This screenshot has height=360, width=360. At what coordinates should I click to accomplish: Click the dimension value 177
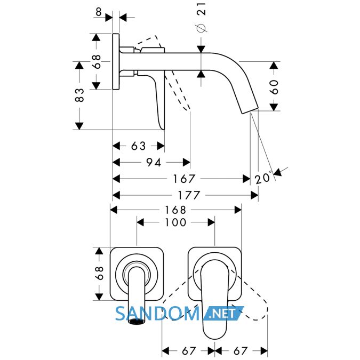tap(189, 195)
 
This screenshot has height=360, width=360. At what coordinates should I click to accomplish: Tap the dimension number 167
tap(184, 179)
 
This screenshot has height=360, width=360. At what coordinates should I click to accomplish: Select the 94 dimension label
tap(154, 163)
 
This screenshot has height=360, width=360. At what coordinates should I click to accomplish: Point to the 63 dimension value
tap(138, 146)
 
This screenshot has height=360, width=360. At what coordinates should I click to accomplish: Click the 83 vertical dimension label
tap(79, 95)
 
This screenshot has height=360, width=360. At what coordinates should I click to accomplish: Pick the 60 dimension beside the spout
tap(274, 87)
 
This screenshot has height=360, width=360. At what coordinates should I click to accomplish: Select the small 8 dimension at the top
tap(99, 12)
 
